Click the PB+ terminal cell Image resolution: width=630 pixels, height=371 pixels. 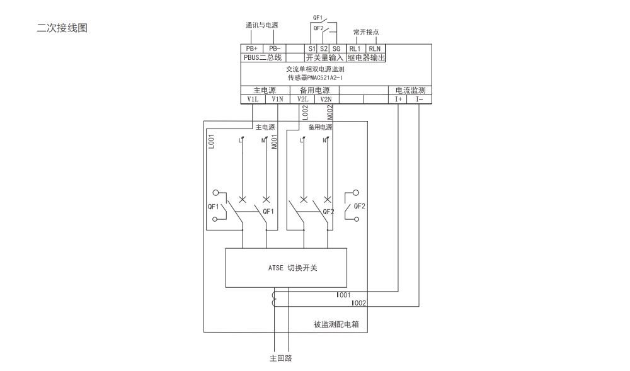coord(251,49)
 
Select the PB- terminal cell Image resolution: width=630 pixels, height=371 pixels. coord(274,49)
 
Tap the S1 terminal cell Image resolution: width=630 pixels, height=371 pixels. coord(311,49)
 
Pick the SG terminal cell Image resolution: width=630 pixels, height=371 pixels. coord(336,49)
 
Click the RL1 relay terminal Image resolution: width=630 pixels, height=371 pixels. coord(355,49)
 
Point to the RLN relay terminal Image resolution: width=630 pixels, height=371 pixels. coord(375,49)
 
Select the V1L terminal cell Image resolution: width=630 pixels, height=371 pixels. coord(252,100)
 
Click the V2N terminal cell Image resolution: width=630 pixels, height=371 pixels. coord(325,100)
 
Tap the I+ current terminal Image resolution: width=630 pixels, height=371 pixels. coord(398,100)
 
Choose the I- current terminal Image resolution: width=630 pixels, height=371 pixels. coord(420,100)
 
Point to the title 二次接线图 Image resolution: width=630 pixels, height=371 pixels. coord(62,28)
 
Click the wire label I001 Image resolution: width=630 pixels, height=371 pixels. coord(344,295)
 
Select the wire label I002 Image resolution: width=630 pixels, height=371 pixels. coord(359,303)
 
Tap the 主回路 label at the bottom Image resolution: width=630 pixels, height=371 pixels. coord(281,358)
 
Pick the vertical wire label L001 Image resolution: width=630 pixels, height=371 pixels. coord(212,141)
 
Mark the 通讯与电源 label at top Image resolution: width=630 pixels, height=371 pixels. coord(261,25)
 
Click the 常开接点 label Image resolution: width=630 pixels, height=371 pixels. coord(366,31)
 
